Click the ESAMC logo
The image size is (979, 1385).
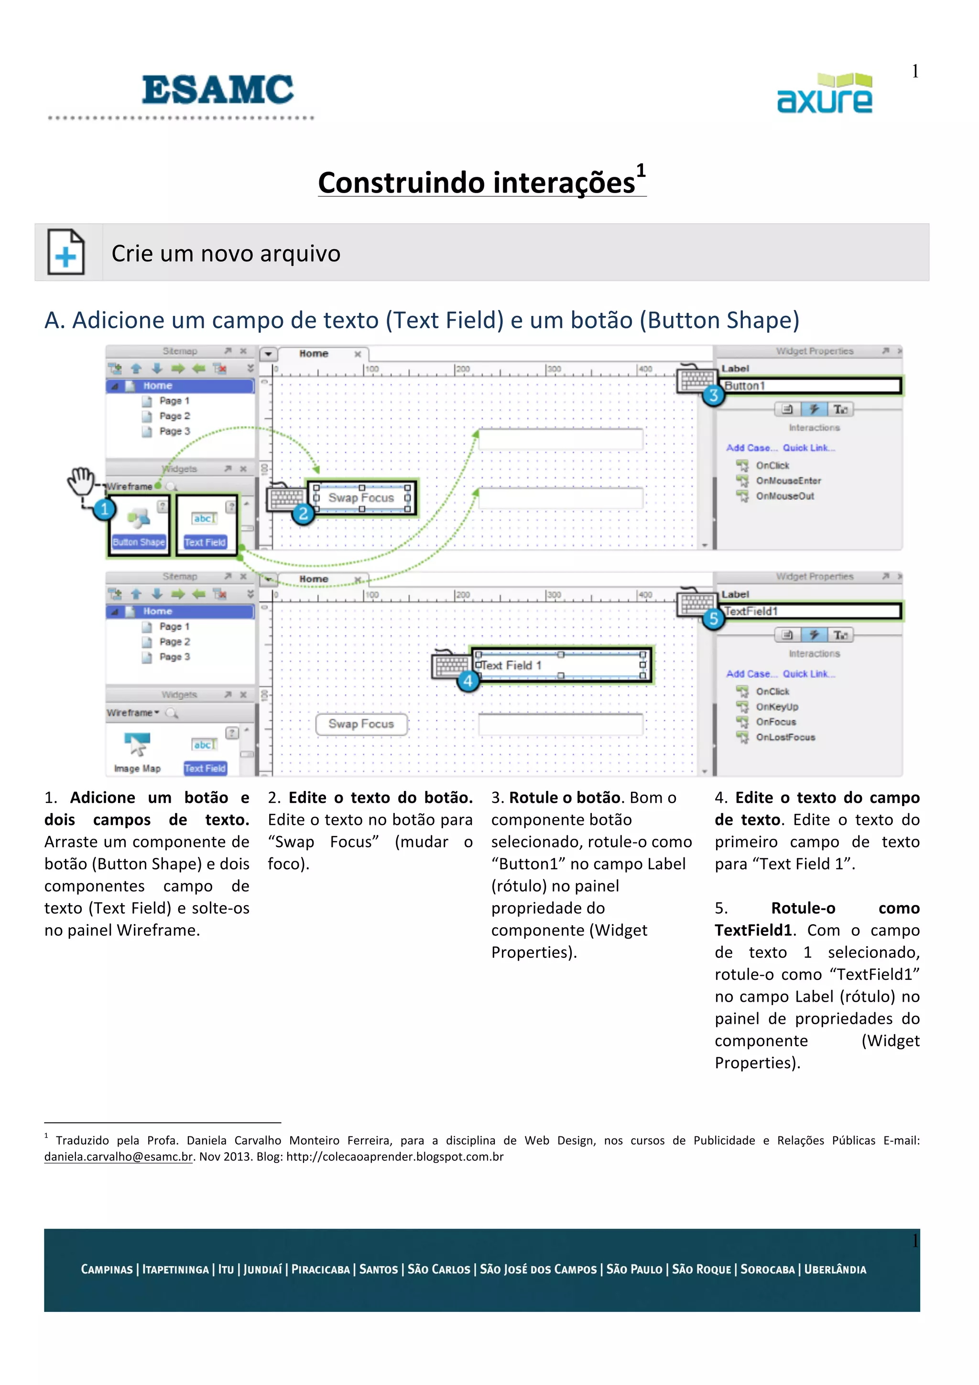coord(217,90)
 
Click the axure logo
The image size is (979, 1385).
coord(825,94)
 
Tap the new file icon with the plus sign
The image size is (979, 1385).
coord(66,252)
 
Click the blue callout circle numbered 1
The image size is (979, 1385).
coord(104,509)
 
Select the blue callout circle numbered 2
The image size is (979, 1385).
coord(304,513)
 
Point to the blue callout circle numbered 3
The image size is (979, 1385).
coord(714,395)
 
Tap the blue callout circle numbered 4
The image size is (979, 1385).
coord(468,681)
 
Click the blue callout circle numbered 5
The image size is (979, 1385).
coord(714,618)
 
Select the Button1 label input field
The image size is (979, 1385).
coord(811,386)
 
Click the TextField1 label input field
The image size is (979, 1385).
coord(811,611)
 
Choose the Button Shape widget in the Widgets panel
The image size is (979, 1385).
coord(139,525)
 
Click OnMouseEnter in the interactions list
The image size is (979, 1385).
coord(788,481)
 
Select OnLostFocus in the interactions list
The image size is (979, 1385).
coord(785,737)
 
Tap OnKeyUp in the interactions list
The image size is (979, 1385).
coord(777,706)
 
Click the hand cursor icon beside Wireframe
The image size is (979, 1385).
coord(81,481)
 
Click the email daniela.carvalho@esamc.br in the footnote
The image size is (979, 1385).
coord(118,1157)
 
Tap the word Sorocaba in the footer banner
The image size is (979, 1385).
coord(767,1269)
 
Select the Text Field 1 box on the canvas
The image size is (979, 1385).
coord(560,665)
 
